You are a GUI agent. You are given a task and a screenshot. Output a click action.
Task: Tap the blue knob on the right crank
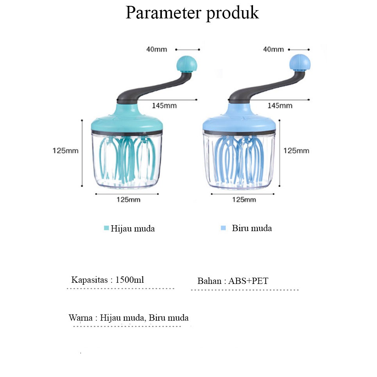click(300, 63)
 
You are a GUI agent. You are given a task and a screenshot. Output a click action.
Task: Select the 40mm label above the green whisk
click(156, 49)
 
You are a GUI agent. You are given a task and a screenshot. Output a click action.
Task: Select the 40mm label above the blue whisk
click(273, 49)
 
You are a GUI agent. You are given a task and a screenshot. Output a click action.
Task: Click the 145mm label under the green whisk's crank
click(164, 106)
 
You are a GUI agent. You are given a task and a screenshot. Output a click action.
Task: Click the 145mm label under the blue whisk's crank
click(280, 106)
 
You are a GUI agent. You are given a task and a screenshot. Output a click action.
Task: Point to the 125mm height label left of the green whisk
click(65, 151)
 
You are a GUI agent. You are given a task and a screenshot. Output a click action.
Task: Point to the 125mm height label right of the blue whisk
click(296, 151)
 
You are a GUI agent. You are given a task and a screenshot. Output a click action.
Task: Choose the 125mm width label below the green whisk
click(128, 200)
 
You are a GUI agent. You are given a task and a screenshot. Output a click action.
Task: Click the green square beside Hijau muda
click(106, 228)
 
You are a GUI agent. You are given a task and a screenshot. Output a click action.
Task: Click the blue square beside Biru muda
click(223, 228)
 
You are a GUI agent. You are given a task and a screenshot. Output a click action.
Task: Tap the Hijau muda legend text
click(133, 229)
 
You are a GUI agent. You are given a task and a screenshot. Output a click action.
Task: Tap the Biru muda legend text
click(251, 228)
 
